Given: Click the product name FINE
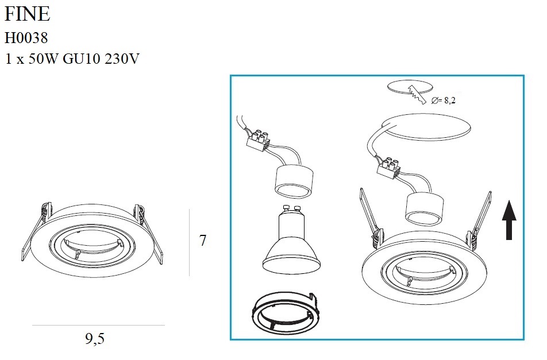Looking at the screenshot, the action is (x=27, y=14).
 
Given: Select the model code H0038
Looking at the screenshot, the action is (x=26, y=38).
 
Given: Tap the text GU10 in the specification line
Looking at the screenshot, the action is (x=81, y=59).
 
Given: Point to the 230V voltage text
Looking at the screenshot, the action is (x=122, y=59).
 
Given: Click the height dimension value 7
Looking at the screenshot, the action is (x=203, y=241).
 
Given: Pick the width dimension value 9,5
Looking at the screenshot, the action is (x=95, y=338).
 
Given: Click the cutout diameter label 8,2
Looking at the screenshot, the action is (x=450, y=100).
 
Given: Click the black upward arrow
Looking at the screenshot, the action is (x=509, y=220).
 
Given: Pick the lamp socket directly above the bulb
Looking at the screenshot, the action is (x=294, y=181).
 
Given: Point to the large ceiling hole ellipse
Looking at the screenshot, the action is (x=426, y=128).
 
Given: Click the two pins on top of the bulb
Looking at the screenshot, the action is (x=292, y=209).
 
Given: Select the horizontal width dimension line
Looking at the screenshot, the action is (x=98, y=325).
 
